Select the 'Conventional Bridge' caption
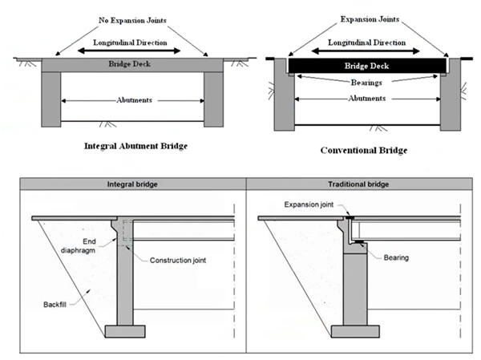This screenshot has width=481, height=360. tap(364, 150)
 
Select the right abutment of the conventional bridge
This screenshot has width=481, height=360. tap(451, 100)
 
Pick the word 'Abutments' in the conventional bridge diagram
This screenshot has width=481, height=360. tap(368, 98)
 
